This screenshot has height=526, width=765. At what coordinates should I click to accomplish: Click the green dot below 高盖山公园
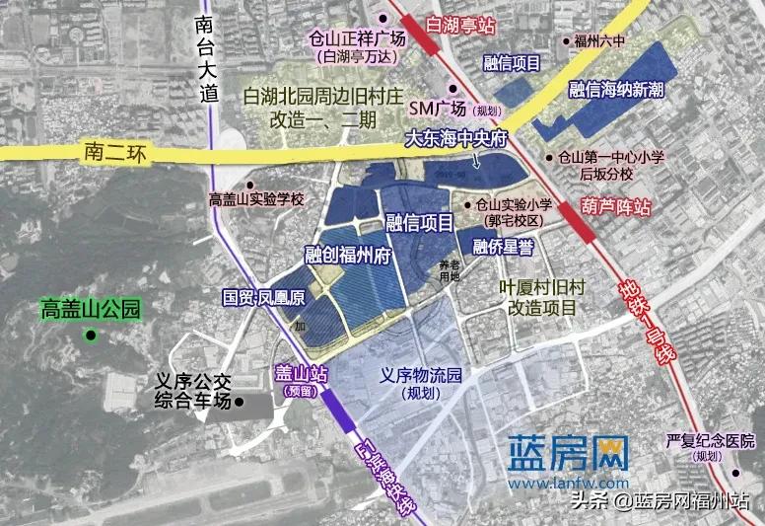91,336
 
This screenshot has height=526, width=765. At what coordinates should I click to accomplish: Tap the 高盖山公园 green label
91,310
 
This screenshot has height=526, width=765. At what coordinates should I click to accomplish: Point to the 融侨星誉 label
503,246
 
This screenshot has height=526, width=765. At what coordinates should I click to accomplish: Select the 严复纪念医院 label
709,440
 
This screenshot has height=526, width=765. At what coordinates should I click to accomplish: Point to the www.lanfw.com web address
569,484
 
